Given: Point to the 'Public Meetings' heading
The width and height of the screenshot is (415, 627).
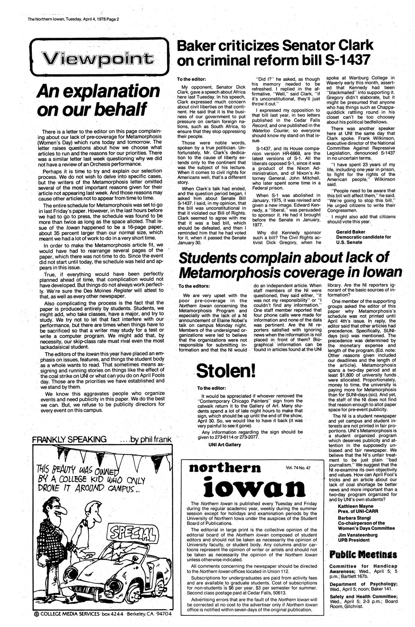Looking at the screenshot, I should (358, 554).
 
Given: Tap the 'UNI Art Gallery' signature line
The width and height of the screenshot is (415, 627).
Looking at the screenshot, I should (225, 444).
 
